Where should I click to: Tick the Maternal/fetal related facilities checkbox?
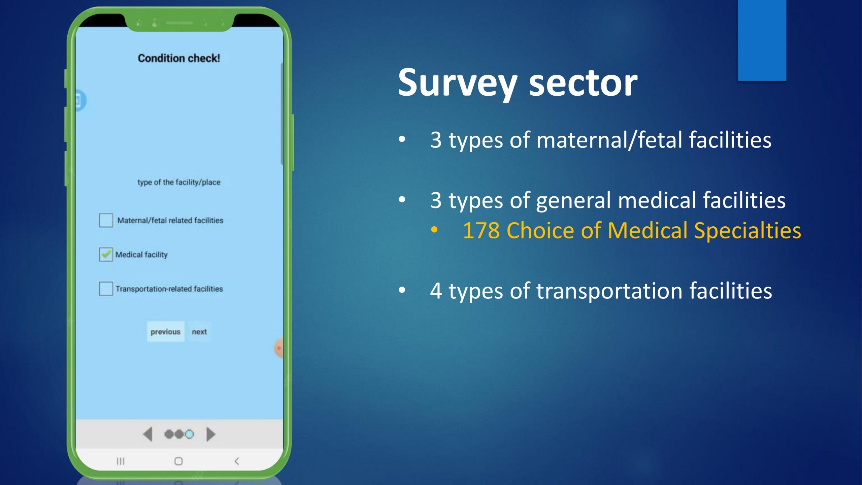(106, 220)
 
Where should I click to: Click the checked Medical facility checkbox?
(106, 254)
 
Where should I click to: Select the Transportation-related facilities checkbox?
(106, 289)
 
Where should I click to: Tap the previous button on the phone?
(165, 332)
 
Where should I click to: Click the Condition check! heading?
(179, 58)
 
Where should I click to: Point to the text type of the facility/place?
(179, 182)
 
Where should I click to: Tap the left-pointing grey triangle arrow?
(148, 434)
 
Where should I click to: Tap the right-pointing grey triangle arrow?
(211, 434)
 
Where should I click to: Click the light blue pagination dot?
(190, 434)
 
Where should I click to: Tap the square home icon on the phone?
(178, 461)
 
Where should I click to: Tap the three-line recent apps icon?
(120, 461)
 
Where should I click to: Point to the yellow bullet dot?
(434, 230)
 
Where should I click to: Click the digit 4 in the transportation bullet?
(436, 291)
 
